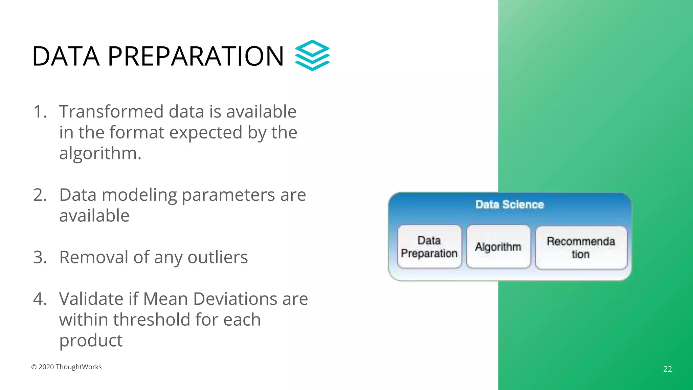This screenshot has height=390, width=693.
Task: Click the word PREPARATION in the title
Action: click(196, 56)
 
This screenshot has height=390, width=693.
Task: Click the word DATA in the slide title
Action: click(66, 56)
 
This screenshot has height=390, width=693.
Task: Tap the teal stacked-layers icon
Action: click(312, 55)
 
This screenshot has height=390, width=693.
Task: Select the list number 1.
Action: click(40, 112)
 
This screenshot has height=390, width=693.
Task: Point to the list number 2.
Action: click(40, 195)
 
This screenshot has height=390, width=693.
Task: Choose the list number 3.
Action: click(40, 257)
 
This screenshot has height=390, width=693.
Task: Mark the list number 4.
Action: click(40, 299)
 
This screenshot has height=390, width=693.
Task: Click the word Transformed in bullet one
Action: click(111, 112)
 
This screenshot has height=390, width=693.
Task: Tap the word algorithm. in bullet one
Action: click(100, 153)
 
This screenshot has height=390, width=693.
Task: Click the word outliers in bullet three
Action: click(218, 257)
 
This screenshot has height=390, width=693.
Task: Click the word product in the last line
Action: click(91, 341)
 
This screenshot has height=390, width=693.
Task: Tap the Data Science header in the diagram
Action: click(510, 204)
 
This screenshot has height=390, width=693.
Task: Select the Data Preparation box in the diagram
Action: click(429, 247)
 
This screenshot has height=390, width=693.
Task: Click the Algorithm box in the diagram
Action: click(498, 247)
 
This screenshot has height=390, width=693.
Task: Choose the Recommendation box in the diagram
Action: click(581, 248)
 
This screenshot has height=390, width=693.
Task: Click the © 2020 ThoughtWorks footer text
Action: click(66, 367)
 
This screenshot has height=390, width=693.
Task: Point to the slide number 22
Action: click(667, 369)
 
